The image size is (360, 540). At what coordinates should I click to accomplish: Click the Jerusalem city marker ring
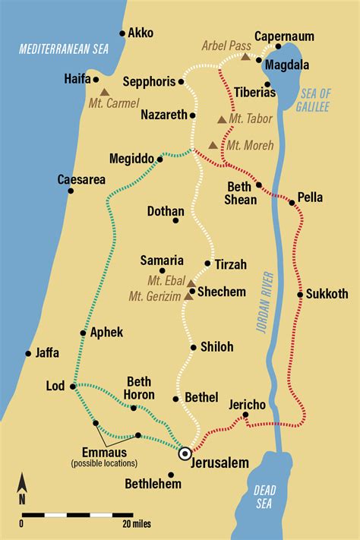[185, 454]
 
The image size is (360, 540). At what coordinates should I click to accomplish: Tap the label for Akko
[141, 33]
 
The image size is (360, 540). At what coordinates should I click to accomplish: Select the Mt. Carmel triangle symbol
[105, 91]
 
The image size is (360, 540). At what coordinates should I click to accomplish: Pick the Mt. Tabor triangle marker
[221, 119]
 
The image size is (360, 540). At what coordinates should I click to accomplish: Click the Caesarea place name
[81, 180]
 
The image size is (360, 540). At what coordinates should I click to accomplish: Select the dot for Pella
[292, 202]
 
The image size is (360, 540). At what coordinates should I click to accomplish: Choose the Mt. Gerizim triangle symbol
[188, 297]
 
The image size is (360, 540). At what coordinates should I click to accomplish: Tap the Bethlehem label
[153, 484]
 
